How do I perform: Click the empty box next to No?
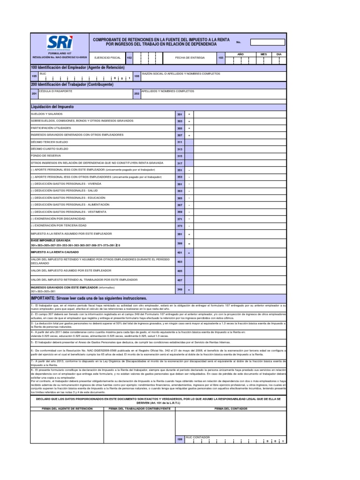267,42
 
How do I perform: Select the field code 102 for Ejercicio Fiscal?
130,57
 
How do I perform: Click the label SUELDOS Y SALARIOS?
46,114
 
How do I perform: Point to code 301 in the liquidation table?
180,114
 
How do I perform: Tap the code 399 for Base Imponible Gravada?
180,244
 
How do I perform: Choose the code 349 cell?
180,289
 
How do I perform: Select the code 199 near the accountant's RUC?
180,439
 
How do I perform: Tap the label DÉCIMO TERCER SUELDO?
49,142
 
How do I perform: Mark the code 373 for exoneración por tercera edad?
180,226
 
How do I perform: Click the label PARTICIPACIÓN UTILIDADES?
51,128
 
